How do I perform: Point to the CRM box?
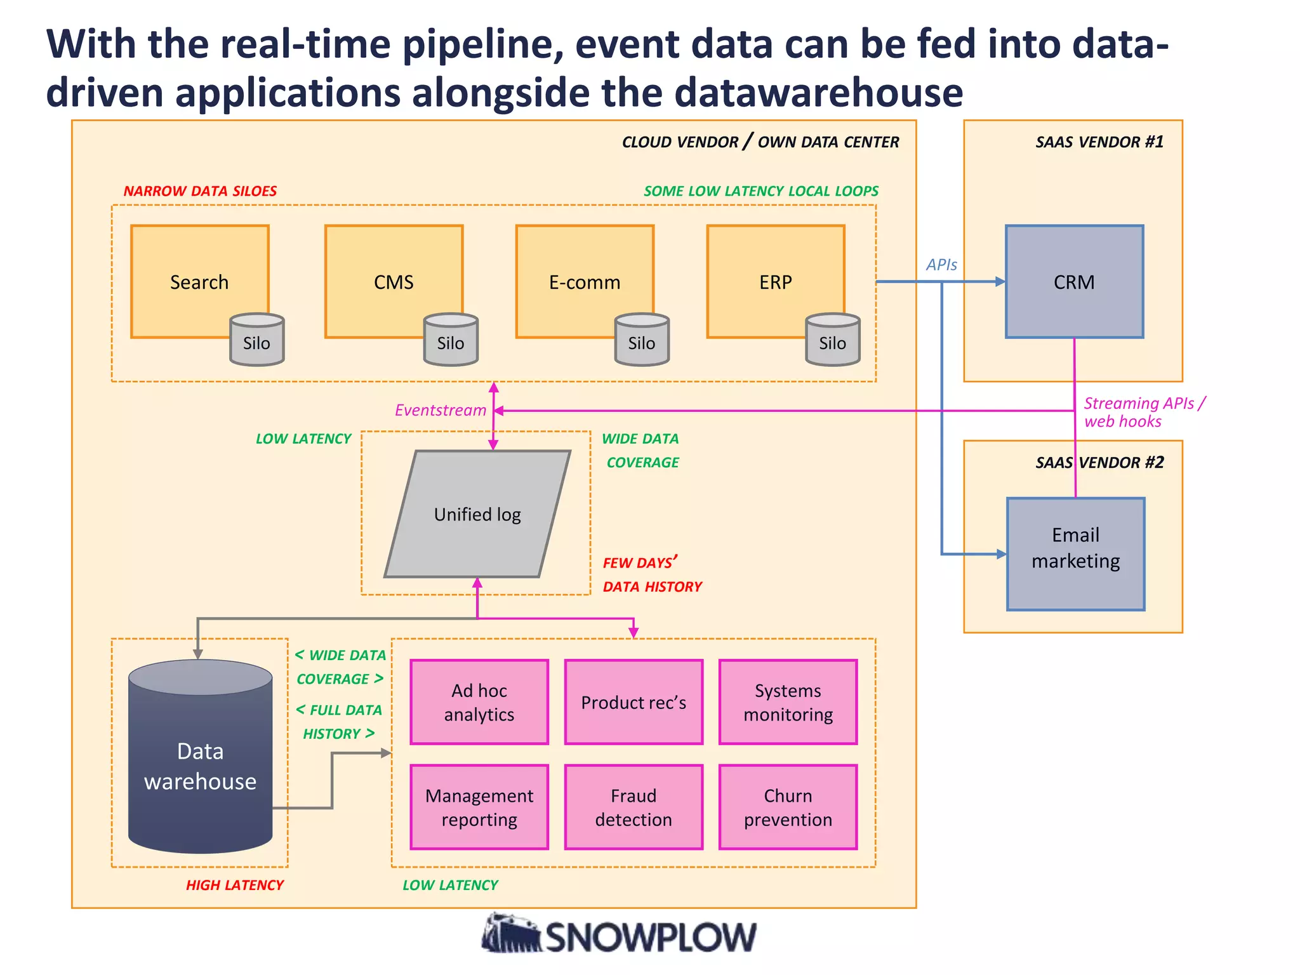[x=1074, y=281]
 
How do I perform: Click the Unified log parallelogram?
[x=477, y=514]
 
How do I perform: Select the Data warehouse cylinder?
[x=200, y=762]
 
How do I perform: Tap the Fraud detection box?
[x=633, y=807]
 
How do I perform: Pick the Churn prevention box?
[x=788, y=807]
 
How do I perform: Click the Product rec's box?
[x=633, y=702]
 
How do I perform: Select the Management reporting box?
[x=479, y=807]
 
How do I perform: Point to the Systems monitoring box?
[x=788, y=702]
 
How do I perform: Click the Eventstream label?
[x=441, y=410]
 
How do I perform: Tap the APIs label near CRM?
[x=941, y=265]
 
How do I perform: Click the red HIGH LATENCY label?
[x=234, y=885]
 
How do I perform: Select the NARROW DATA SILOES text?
[x=200, y=191]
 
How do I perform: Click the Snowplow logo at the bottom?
[x=619, y=935]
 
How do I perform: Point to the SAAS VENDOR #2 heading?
[x=1099, y=462]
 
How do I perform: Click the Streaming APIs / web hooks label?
[x=1143, y=412]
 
